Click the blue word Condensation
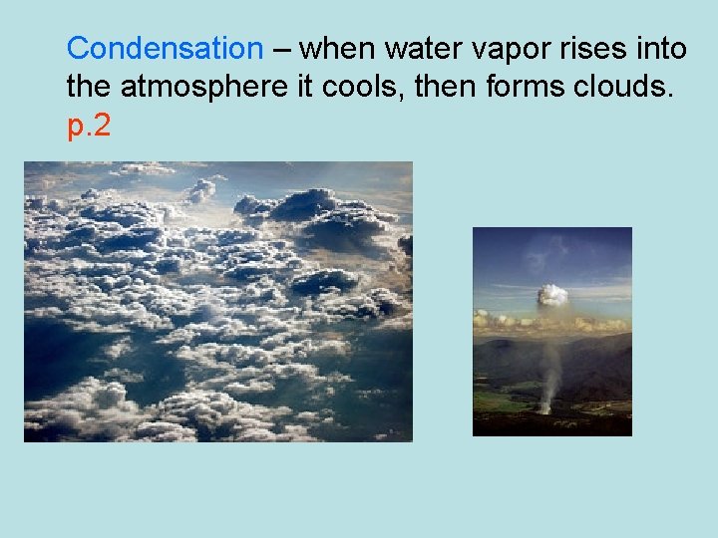[164, 48]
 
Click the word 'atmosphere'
[205, 88]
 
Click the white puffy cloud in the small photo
[552, 295]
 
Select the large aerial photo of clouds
[217, 301]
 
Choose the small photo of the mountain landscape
[551, 331]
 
